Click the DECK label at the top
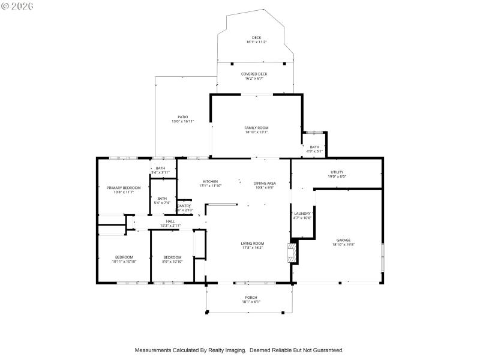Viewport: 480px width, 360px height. [256, 38]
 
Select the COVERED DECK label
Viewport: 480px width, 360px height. [254, 74]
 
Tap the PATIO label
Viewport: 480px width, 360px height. [182, 117]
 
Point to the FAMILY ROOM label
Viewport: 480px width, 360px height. [256, 128]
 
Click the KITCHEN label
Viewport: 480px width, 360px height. [210, 181]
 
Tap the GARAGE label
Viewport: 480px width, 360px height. [343, 239]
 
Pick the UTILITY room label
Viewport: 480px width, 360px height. [337, 172]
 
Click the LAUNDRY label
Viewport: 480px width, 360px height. [302, 213]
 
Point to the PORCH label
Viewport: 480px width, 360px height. [251, 298]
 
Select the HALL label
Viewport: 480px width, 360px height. [170, 221]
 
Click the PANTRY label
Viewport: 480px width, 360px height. [184, 206]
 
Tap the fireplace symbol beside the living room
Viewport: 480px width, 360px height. [292, 252]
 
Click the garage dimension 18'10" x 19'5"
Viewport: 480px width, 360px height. [343, 244]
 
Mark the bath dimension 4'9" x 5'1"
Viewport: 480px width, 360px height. [315, 151]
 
